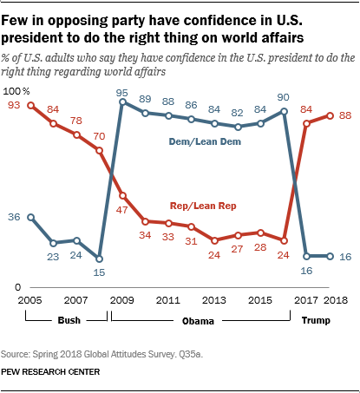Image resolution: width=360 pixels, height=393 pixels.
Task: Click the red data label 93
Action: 13,106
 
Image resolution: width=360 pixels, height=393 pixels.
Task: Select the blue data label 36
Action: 13,217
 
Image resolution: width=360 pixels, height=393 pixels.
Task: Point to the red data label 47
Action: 123,209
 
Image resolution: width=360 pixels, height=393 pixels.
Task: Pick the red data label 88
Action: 344,115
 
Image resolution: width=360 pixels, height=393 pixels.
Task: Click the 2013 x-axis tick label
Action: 215,300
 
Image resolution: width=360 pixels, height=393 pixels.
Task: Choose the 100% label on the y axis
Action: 16,91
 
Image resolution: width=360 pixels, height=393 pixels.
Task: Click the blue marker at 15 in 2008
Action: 100,259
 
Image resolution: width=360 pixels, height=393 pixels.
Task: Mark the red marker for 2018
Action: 331,115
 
